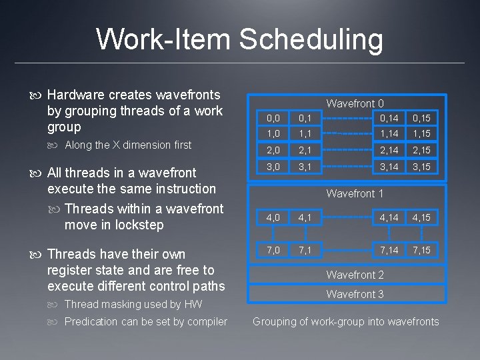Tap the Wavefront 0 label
[355, 103]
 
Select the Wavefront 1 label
[355, 193]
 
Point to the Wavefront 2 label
[355, 275]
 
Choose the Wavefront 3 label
[355, 294]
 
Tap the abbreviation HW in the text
[193, 304]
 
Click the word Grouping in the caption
[275, 322]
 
